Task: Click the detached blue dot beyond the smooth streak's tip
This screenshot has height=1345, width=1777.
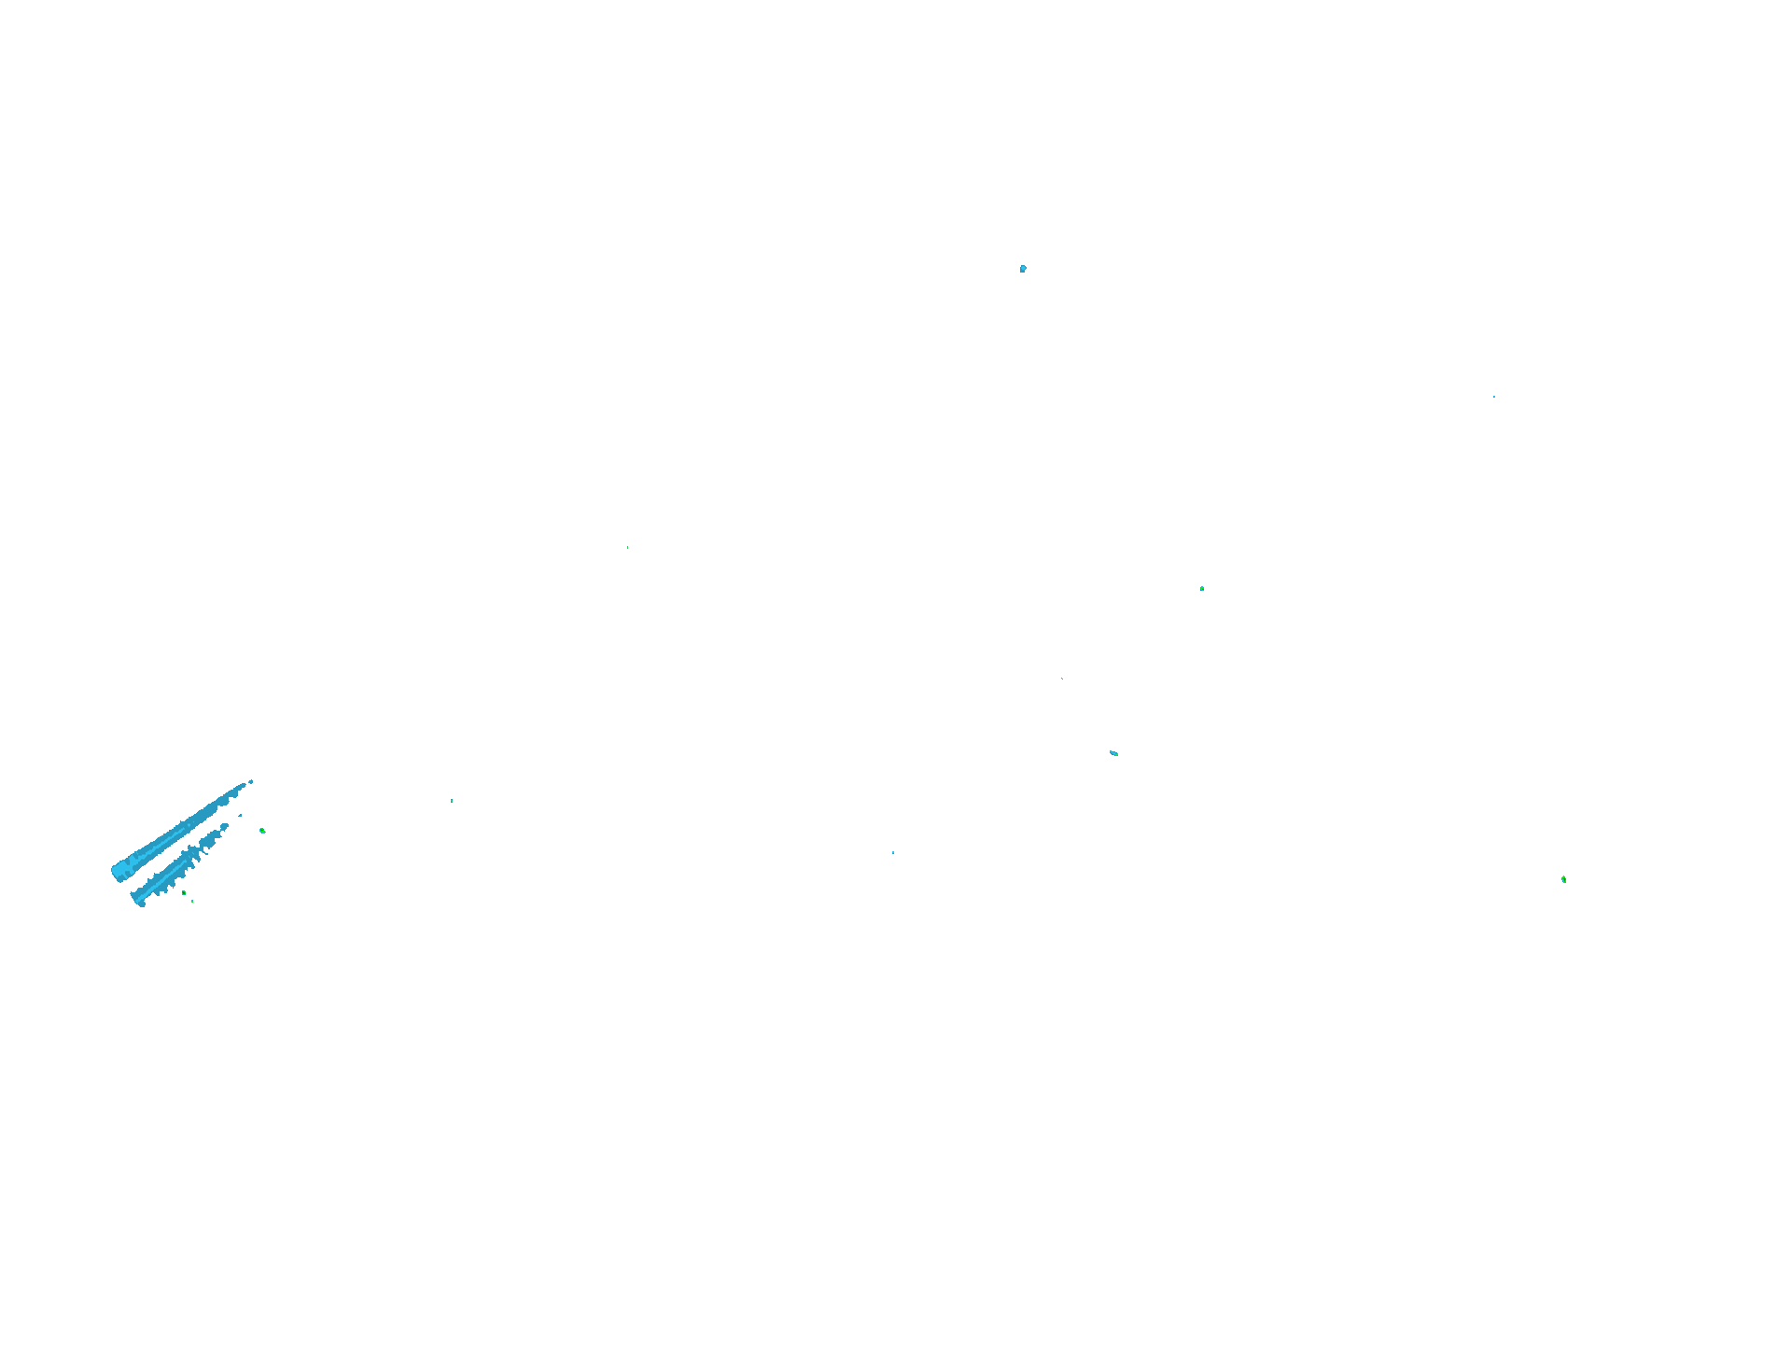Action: click(x=251, y=781)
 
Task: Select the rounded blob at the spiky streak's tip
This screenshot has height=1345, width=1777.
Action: click(x=225, y=825)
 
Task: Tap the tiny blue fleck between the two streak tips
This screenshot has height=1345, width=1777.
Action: click(x=240, y=815)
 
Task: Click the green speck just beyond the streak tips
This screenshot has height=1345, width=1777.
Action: click(x=262, y=830)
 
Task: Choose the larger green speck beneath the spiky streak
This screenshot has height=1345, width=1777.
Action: click(x=184, y=893)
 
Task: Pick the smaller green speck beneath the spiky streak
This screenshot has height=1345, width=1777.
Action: click(x=192, y=901)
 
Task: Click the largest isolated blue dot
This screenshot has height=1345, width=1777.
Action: click(x=1023, y=269)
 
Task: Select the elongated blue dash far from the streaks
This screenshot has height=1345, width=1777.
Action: click(x=1113, y=752)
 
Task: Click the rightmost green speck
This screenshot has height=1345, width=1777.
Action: click(x=1564, y=879)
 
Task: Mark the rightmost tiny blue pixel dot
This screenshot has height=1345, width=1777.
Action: click(x=1494, y=397)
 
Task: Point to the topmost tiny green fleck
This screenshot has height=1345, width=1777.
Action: click(x=628, y=547)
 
